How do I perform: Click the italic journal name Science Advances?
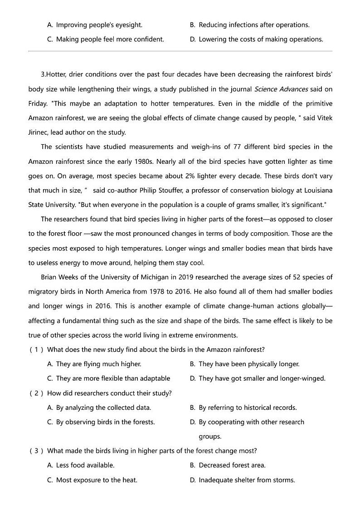281,89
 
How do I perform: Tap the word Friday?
37,103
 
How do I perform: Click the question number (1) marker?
36,349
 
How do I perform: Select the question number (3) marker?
36,451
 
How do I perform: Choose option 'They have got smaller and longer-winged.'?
262,378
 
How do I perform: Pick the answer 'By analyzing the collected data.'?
103,407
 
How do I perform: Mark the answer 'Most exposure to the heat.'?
96,480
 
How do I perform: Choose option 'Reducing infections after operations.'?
254,25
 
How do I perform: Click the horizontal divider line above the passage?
180,51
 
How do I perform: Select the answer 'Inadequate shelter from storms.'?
247,480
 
